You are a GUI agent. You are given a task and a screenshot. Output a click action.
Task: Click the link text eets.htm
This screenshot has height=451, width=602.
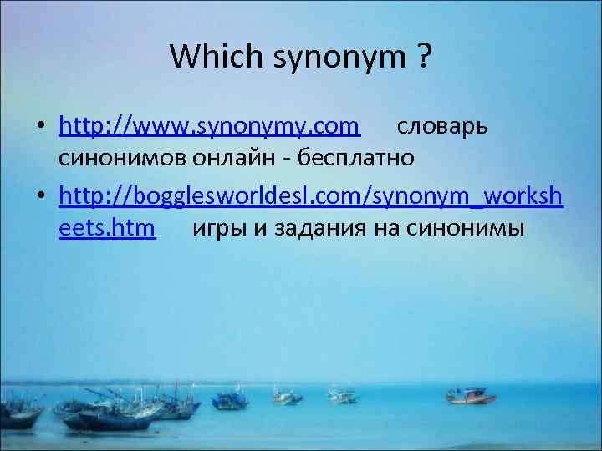(x=107, y=227)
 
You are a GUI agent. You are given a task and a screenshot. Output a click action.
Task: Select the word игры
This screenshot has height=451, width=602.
(x=219, y=228)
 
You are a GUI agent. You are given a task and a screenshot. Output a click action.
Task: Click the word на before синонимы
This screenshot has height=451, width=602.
(x=390, y=228)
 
